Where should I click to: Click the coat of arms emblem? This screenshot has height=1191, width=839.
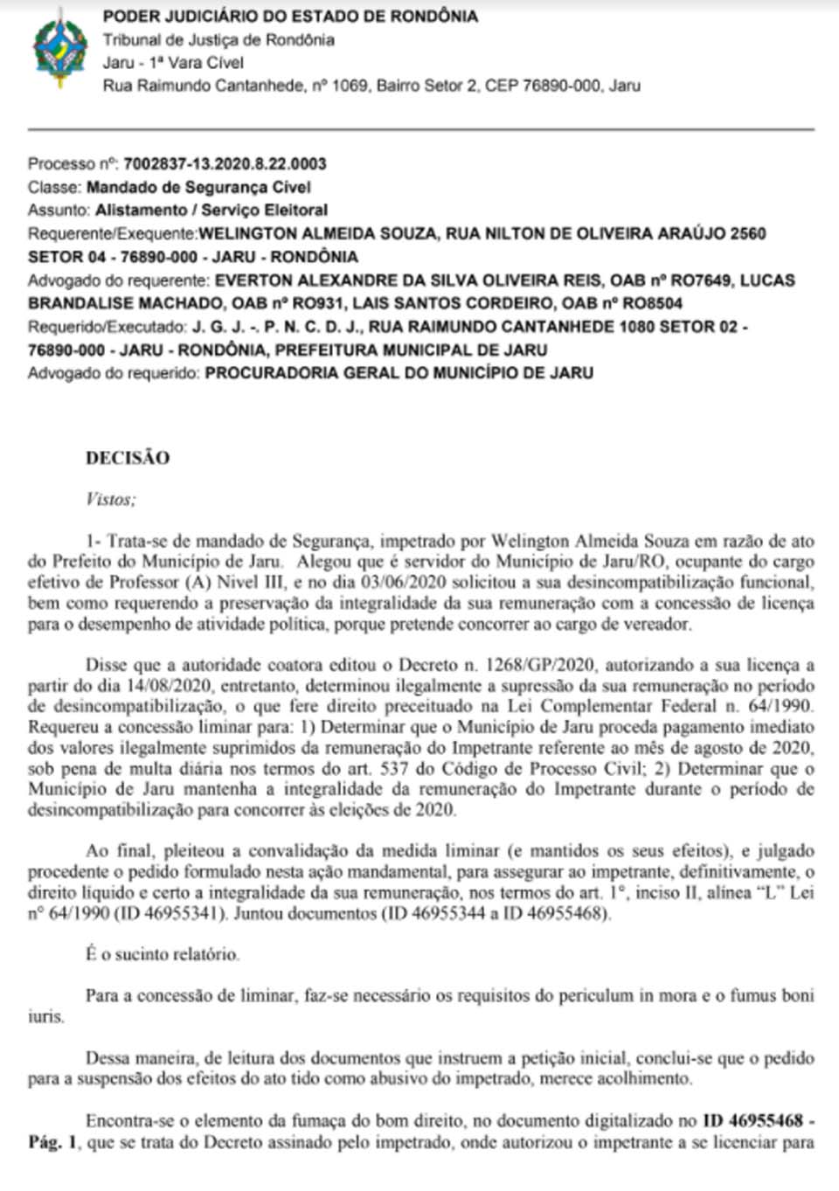coord(59,48)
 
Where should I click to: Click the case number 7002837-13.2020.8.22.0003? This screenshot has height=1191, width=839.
coord(225,163)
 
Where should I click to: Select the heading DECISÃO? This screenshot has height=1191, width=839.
coord(128,458)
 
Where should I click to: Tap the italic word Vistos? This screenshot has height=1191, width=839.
coord(110,499)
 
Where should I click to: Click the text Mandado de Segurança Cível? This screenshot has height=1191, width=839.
coord(198,187)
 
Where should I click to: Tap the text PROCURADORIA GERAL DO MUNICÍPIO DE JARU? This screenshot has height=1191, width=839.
coord(399,373)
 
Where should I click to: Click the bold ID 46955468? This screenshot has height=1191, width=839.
coord(753,1120)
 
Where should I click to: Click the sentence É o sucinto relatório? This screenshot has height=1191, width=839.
coord(163,954)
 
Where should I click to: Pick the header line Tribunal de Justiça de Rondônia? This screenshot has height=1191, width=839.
coord(218,39)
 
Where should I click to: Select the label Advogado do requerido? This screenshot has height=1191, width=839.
coord(114,373)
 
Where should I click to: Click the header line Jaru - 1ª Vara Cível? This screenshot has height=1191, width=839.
coord(173,63)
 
